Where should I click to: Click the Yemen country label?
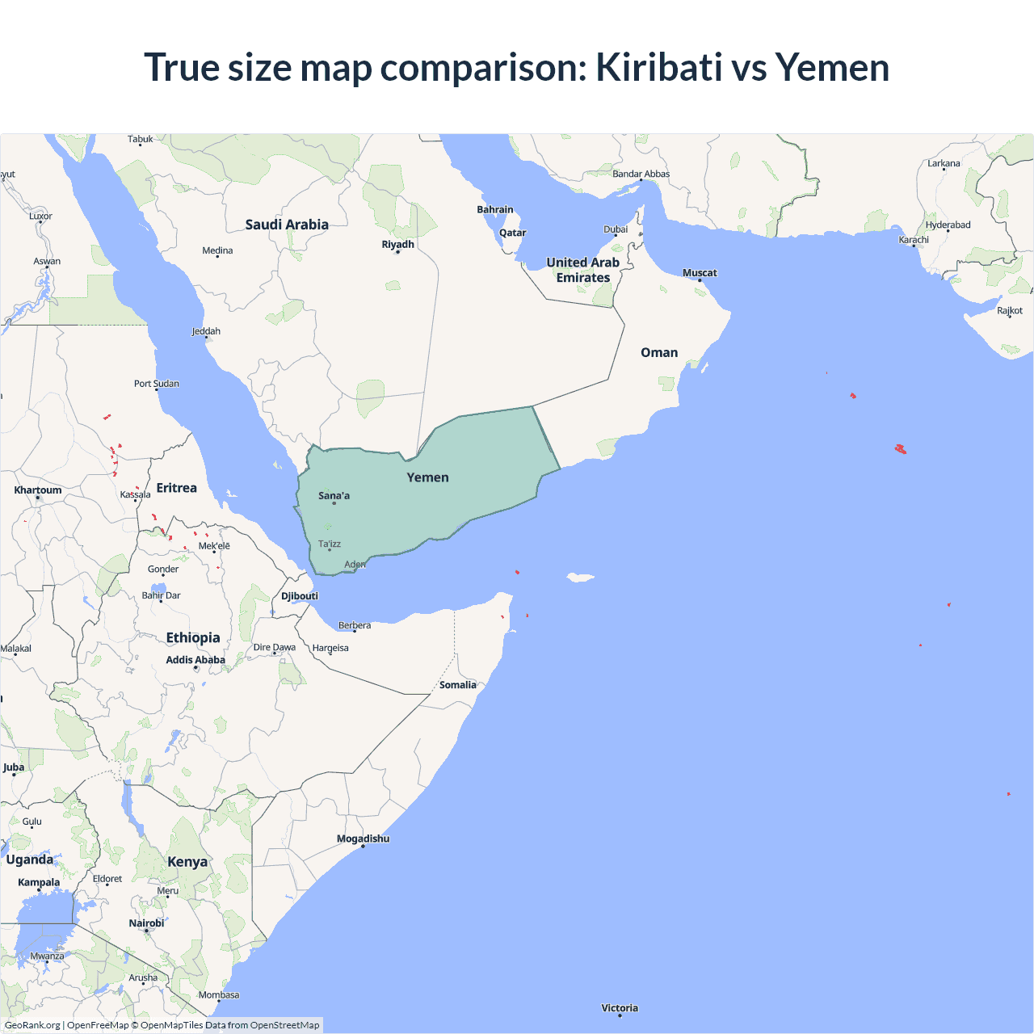click(427, 477)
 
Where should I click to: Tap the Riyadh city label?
click(397, 244)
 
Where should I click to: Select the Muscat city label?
click(700, 273)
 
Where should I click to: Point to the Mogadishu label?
click(363, 839)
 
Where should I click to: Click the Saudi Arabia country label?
click(287, 225)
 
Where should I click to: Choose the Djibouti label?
click(300, 596)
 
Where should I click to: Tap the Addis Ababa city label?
click(195, 660)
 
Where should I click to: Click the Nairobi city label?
click(146, 923)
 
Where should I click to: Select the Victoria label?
click(620, 1008)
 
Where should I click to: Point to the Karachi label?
click(914, 240)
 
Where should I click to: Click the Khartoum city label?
click(38, 490)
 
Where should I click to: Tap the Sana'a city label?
click(334, 496)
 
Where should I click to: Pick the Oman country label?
click(659, 352)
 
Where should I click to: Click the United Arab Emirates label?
click(583, 270)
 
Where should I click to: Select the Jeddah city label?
click(206, 331)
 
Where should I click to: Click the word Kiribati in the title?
click(658, 67)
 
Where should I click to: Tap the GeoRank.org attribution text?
click(32, 1025)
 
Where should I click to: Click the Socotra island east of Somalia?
click(580, 577)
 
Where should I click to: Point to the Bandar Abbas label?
click(641, 174)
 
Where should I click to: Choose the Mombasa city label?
click(219, 995)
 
